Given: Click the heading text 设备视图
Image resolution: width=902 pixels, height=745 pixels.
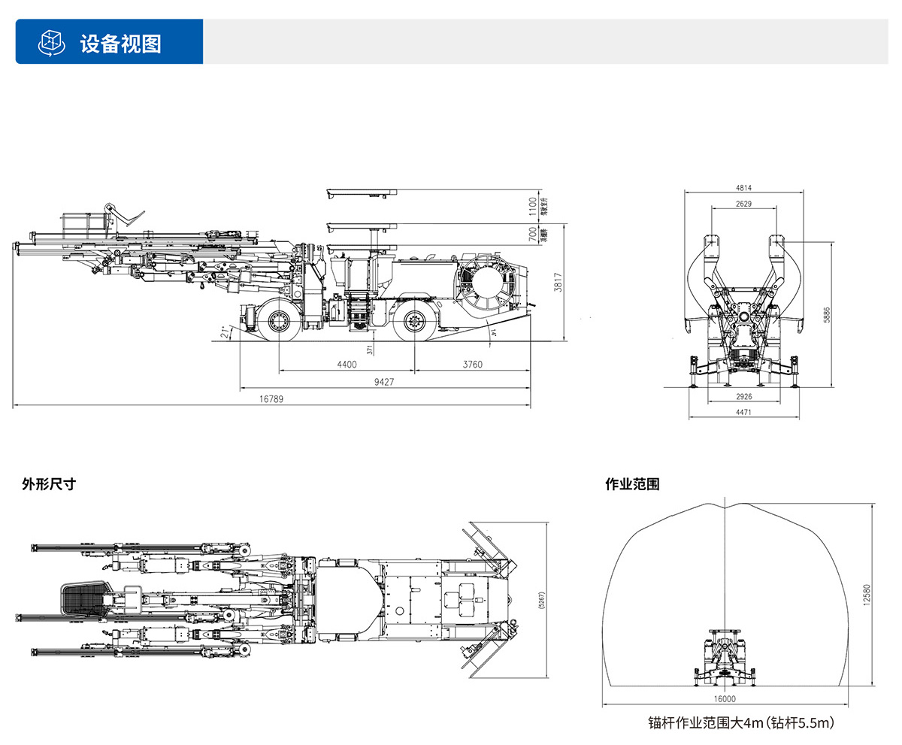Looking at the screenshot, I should pyautogui.click(x=120, y=43).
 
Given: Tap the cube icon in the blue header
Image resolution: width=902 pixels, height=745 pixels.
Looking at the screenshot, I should pyautogui.click(x=50, y=43).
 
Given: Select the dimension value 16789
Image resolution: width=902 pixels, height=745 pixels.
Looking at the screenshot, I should pyautogui.click(x=271, y=400).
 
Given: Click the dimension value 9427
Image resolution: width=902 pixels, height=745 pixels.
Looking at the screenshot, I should pyautogui.click(x=383, y=382).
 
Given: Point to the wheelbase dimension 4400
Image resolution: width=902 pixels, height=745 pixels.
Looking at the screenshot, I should pyautogui.click(x=346, y=365).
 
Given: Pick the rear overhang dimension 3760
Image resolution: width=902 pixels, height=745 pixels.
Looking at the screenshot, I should pyautogui.click(x=471, y=365).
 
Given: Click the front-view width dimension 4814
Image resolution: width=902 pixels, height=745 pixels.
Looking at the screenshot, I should pyautogui.click(x=743, y=188).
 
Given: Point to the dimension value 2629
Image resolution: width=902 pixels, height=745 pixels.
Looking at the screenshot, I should pyautogui.click(x=743, y=204).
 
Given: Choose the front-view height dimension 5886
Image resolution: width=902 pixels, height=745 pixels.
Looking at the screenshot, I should pyautogui.click(x=828, y=314).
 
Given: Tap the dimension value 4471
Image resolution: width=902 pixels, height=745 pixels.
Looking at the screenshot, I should pyautogui.click(x=743, y=412).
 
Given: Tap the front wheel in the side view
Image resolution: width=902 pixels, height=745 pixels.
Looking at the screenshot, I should pyautogui.click(x=278, y=322).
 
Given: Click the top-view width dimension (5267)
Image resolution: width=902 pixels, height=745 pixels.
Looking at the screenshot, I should pyautogui.click(x=543, y=598).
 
